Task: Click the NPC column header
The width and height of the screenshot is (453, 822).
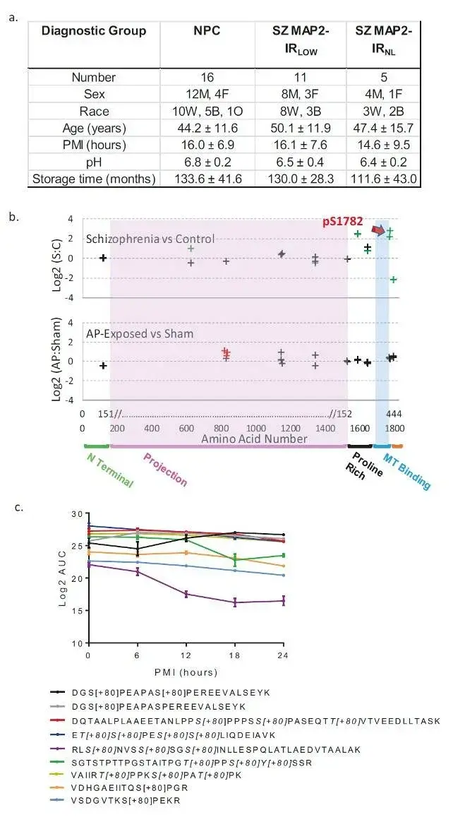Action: (206, 31)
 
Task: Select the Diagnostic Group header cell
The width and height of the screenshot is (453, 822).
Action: (93, 31)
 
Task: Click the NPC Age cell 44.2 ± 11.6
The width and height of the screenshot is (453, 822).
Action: (206, 128)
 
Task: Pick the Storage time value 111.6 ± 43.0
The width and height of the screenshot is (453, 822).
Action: (385, 179)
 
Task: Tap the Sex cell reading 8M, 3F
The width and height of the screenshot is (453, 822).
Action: (301, 94)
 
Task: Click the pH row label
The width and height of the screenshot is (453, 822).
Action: (94, 162)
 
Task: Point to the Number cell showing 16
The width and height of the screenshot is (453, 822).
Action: (206, 78)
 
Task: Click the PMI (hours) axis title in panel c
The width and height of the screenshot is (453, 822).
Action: (186, 672)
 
